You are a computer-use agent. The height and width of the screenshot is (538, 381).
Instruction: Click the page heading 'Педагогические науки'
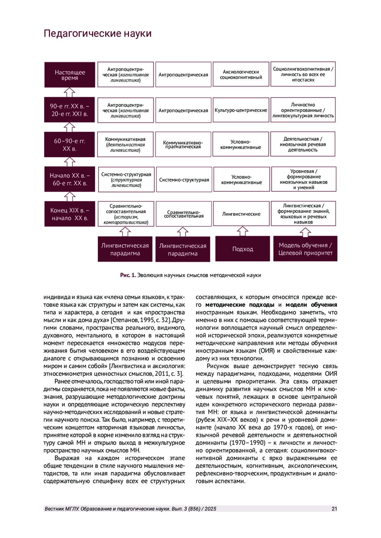coord(97,34)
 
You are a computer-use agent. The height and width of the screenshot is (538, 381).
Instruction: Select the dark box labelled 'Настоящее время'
coord(70,75)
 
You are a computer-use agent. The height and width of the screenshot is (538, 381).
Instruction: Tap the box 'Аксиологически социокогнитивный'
coord(241,75)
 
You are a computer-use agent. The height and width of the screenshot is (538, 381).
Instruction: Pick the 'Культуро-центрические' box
coord(241,110)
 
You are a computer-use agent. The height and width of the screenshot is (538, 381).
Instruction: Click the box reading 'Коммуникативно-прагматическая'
coord(183,145)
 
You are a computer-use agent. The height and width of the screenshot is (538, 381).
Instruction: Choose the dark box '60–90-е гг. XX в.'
coord(70,145)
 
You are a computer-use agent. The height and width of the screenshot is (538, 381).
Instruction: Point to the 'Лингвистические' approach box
coord(241,214)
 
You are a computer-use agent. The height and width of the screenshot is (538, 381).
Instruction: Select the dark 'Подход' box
coord(243,249)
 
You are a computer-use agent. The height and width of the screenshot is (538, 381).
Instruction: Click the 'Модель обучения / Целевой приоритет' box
coord(305,249)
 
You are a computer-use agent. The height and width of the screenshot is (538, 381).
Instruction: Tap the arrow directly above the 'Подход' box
coord(243,231)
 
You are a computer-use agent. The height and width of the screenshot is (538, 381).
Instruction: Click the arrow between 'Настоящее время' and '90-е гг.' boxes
coord(70,92)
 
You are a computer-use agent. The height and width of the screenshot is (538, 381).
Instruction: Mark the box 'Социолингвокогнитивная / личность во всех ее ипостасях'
coord(303,75)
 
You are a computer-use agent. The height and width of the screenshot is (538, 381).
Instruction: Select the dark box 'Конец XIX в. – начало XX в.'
coord(70,214)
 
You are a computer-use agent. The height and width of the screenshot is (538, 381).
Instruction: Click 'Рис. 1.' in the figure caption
coord(128,275)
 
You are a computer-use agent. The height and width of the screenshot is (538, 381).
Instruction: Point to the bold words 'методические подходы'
coord(240,305)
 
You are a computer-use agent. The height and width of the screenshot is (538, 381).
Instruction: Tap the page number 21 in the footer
coord(334,509)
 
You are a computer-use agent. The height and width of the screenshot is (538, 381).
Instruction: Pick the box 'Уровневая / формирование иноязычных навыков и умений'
coord(304,179)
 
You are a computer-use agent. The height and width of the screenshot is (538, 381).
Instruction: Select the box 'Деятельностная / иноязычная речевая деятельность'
coord(303,145)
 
